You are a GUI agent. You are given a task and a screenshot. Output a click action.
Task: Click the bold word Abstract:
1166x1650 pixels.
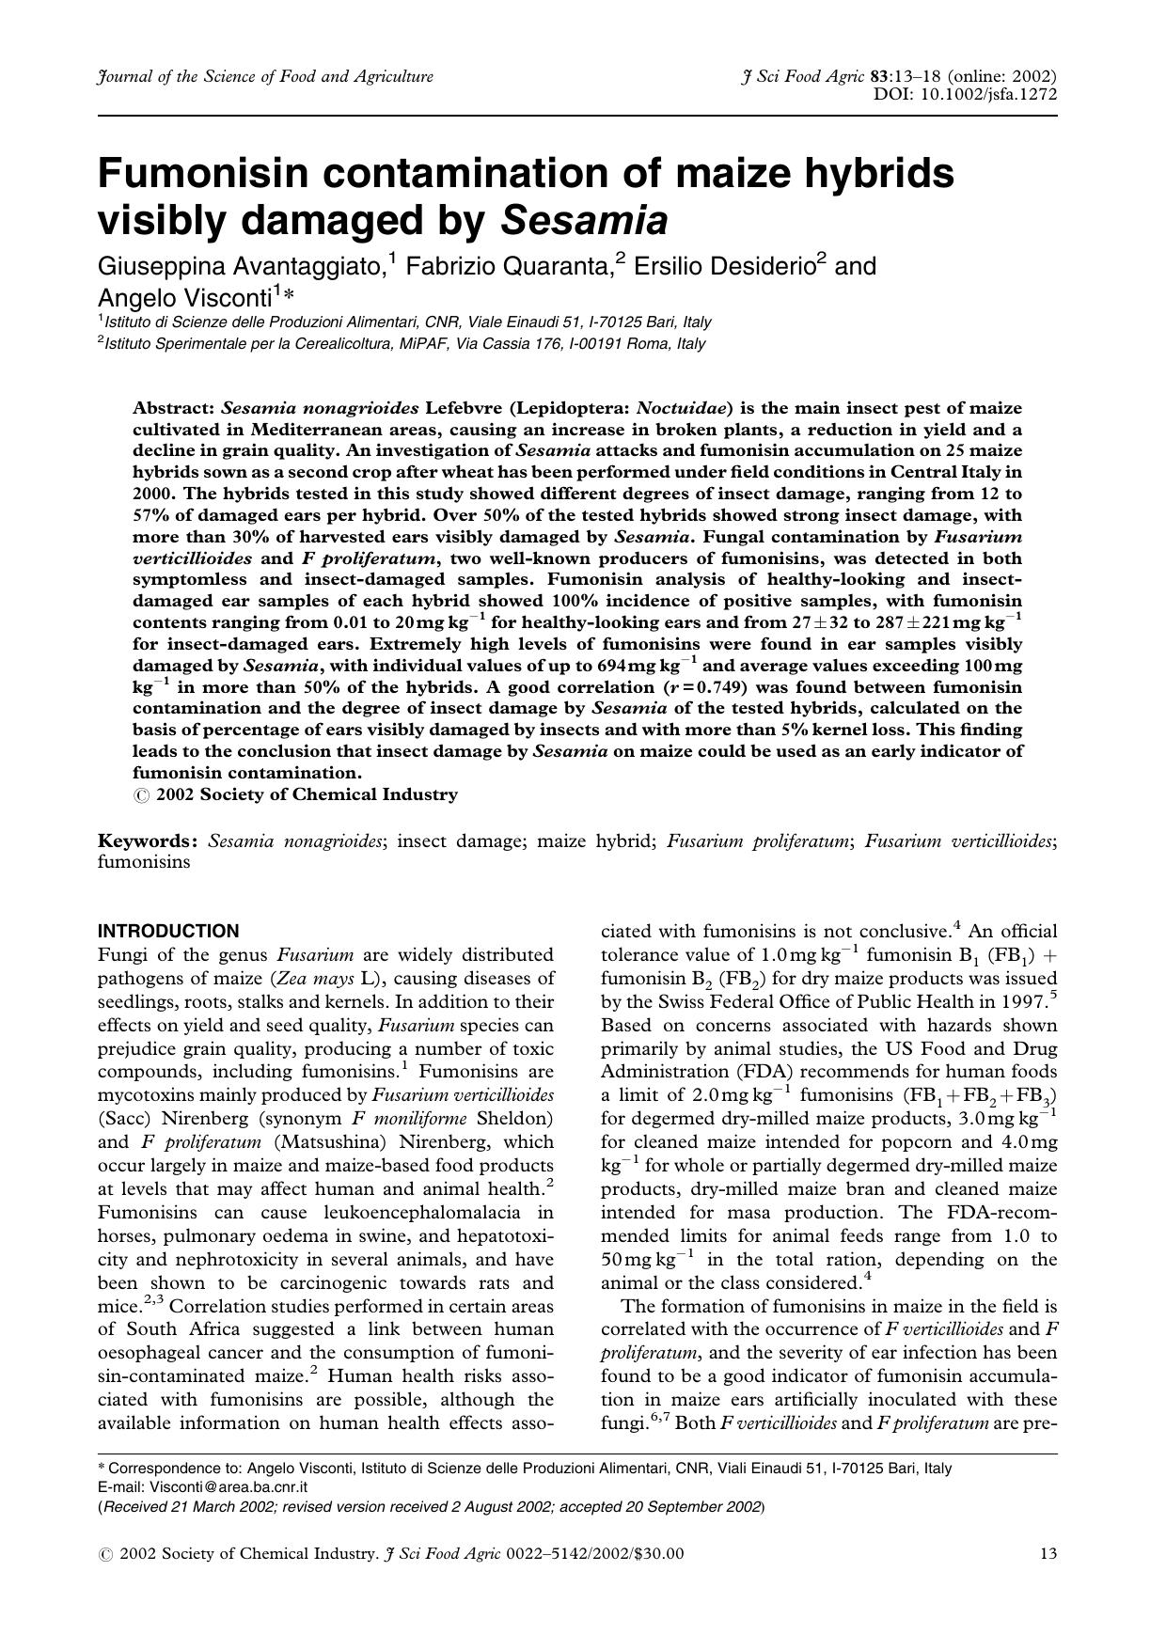(174, 408)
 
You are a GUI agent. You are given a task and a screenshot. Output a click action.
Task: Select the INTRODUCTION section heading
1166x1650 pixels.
(168, 932)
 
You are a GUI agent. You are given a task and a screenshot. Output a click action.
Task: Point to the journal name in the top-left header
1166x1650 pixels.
(265, 77)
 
